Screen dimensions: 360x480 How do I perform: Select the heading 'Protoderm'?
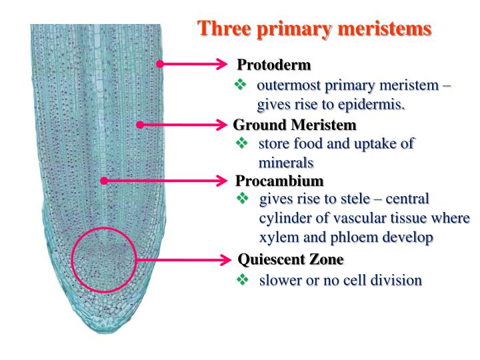click(x=273, y=65)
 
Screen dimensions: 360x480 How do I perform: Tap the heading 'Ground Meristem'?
click(x=295, y=125)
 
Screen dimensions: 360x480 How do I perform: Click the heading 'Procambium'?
click(x=279, y=181)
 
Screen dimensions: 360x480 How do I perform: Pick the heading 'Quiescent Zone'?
click(x=291, y=259)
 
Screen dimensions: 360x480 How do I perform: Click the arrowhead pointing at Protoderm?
click(x=222, y=64)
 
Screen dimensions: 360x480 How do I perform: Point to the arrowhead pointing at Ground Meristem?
click(x=221, y=124)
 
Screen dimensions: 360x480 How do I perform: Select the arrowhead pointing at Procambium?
click(x=221, y=180)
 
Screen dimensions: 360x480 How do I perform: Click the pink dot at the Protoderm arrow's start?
click(x=160, y=64)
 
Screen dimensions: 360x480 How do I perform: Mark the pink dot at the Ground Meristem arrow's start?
click(x=140, y=124)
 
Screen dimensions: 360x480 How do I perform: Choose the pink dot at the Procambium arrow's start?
click(x=103, y=180)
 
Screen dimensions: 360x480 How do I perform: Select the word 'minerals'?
click(x=285, y=162)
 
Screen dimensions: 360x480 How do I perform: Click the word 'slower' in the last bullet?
click(x=280, y=280)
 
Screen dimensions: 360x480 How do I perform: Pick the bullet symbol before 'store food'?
click(x=242, y=143)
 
